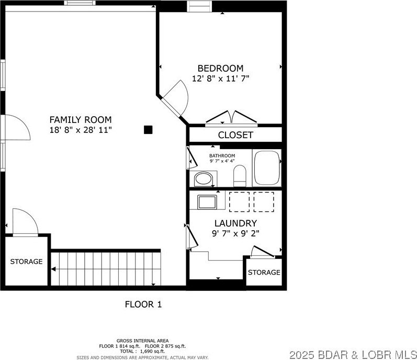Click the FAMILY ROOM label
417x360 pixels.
[80, 120]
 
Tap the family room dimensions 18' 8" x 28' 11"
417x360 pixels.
[80, 129]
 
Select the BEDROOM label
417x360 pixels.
[220, 69]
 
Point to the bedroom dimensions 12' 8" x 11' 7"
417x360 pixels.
[220, 78]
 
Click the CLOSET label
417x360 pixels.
[235, 135]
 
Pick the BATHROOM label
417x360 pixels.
[222, 155]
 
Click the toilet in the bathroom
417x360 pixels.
[240, 175]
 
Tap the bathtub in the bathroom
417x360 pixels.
[267, 167]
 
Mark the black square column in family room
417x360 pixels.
[149, 130]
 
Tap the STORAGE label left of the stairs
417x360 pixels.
[26, 262]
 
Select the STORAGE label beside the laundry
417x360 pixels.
[264, 273]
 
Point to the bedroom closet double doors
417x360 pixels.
[231, 118]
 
